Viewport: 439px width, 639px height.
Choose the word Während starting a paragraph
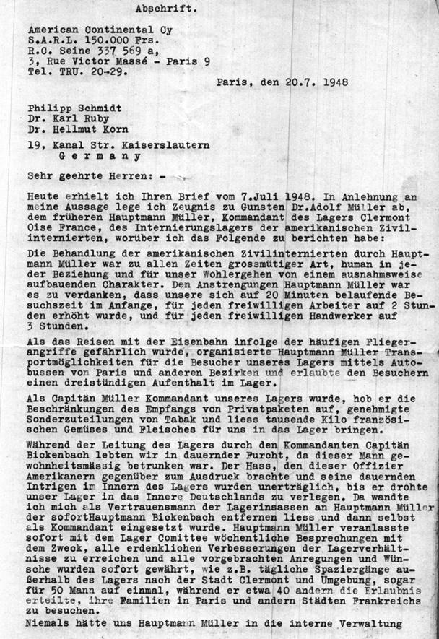point(46,445)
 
